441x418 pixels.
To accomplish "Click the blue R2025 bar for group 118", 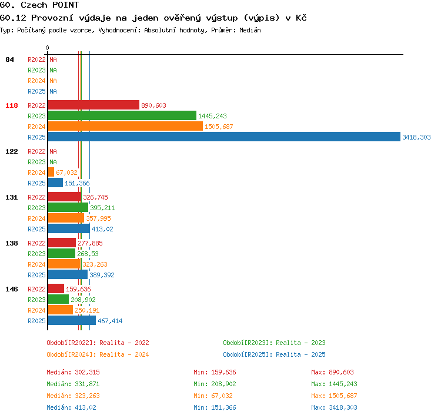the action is tap(224, 137).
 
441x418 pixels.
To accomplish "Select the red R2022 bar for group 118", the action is tap(93, 105).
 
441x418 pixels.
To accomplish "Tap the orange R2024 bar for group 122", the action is tap(51, 172).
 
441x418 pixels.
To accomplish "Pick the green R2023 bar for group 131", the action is tap(68, 208).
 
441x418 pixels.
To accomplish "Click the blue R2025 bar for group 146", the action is tap(72, 320).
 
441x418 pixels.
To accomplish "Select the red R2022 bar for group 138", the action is tap(62, 243).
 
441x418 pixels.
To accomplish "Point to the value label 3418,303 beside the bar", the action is tap(416, 137).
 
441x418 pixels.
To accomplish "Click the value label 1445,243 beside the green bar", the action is tap(212, 116).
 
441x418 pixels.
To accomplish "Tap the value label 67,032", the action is tap(66, 172).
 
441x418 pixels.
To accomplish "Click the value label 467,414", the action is tap(110, 321).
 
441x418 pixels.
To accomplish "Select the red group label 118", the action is tap(12, 105).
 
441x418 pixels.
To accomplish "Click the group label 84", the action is tap(9, 59).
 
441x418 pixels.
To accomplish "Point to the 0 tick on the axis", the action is tap(47, 48).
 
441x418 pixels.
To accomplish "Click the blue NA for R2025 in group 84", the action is tap(53, 91).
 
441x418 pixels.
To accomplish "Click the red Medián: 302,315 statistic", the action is tap(73, 372).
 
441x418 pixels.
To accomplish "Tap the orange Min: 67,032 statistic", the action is tap(213, 396).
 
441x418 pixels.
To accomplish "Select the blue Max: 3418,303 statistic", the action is tap(334, 407).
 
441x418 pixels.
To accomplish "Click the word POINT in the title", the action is tap(65, 5).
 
